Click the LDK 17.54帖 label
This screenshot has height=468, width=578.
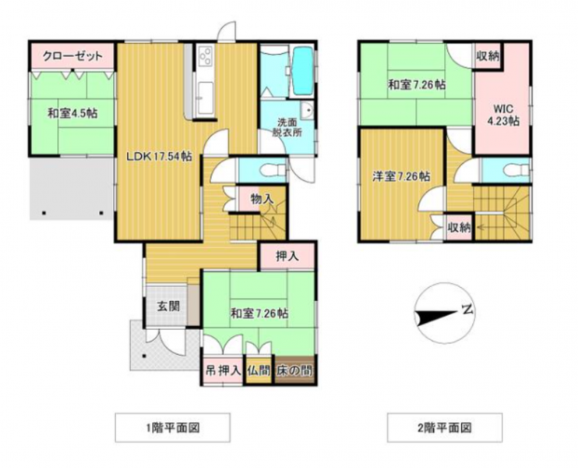coord(159,157)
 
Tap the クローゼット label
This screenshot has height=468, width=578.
coord(72,56)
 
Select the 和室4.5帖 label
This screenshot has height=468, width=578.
coord(72,113)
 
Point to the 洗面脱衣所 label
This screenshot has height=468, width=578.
coord(287,127)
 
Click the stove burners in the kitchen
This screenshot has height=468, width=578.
coord(206,57)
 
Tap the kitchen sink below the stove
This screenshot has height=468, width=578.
coord(205,97)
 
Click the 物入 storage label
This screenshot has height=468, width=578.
coord(262,200)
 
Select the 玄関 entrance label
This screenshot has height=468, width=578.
coord(168,306)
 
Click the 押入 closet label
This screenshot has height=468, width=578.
coord(287,256)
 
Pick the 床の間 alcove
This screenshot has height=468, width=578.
coord(294,370)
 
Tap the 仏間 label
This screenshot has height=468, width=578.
coord(259,370)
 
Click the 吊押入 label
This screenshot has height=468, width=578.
coord(223,370)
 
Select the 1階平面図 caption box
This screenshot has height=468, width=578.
coord(172,427)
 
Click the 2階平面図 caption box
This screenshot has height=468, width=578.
coord(445,427)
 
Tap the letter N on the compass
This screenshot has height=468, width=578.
coord(467,310)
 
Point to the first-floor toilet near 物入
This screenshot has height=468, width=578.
coord(273,171)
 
